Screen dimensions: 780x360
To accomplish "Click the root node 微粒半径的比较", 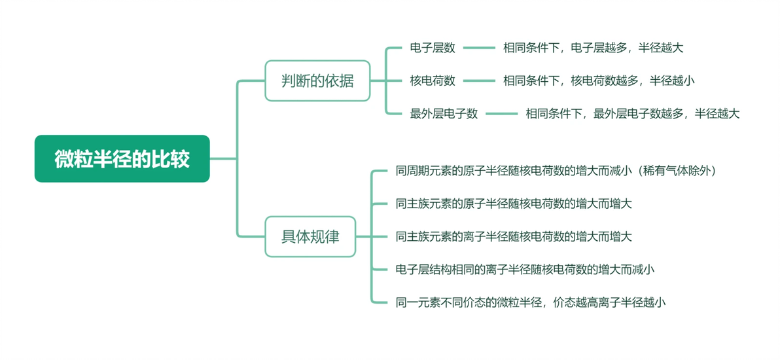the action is click(122, 158).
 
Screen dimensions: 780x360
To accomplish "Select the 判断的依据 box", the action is click(317, 81).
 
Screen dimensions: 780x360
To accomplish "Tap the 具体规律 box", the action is click(310, 236).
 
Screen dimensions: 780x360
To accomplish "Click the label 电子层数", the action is click(433, 48).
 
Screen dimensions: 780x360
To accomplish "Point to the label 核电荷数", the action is click(433, 81).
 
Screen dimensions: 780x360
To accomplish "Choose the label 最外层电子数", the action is click(444, 113).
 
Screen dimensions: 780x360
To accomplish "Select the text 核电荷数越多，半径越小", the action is click(633, 81).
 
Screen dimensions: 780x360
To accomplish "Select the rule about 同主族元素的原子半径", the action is click(514, 204).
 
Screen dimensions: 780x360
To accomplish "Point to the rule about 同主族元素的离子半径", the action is click(514, 236).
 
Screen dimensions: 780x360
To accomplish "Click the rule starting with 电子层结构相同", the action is click(525, 270).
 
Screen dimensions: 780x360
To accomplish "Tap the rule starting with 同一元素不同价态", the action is click(530, 302).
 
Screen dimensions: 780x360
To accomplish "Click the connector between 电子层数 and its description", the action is click(479, 48).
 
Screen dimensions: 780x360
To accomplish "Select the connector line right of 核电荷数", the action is click(479, 81).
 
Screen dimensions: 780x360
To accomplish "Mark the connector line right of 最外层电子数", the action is click(502, 114).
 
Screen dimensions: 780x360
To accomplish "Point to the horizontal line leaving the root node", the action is click(223, 158).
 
